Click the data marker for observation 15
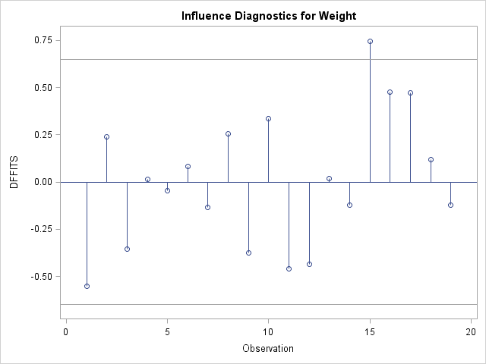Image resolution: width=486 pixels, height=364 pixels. [x=370, y=41]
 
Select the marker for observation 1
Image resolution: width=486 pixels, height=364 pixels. [x=87, y=286]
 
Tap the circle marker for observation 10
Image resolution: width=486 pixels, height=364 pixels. [x=269, y=118]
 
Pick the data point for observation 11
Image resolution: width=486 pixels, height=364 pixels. [x=289, y=268]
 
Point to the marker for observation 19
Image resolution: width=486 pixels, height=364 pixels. [x=450, y=205]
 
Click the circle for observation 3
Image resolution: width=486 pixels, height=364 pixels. [x=127, y=249]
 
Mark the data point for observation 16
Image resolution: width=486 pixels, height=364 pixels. [x=390, y=92]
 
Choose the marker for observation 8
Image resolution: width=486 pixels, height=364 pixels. [x=228, y=133]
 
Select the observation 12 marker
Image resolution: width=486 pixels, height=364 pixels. [x=309, y=264]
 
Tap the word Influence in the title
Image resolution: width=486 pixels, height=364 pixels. [x=207, y=16]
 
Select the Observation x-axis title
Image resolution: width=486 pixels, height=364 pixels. [x=268, y=349]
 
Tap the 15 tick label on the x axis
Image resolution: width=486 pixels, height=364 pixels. [x=370, y=331]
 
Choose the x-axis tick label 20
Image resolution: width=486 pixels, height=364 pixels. [x=471, y=331]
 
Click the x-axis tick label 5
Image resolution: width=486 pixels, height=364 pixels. [x=167, y=331]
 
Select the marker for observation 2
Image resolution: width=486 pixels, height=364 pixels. [x=106, y=136]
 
